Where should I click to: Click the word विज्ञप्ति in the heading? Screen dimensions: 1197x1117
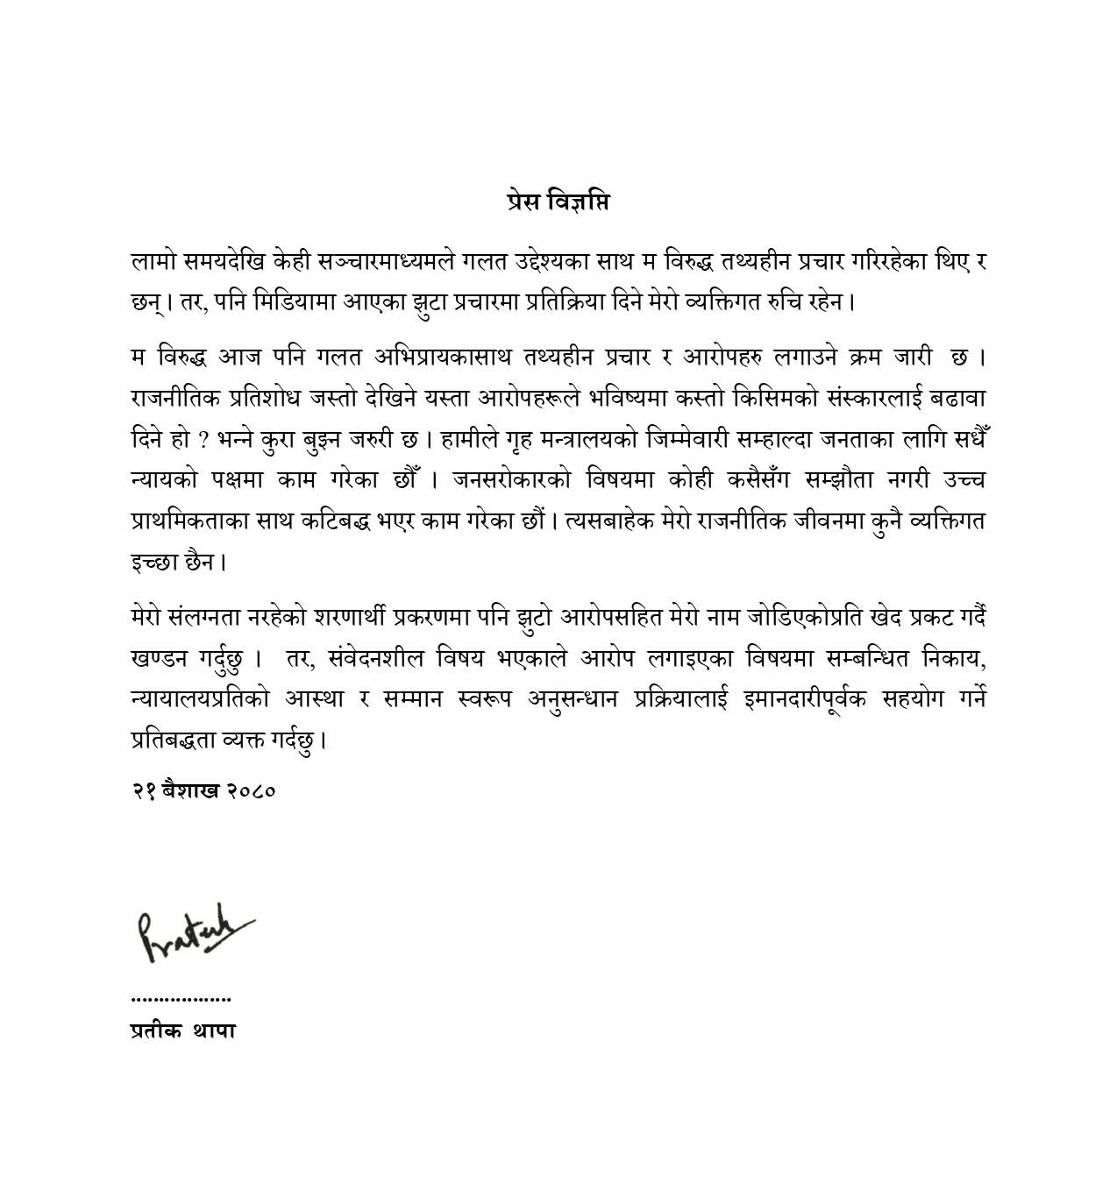578,202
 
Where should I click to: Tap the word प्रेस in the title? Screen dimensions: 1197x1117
523,202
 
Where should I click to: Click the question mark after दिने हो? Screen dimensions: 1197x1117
199,440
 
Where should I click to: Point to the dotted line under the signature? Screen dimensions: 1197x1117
181,998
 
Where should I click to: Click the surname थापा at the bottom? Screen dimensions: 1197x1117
214,1031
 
